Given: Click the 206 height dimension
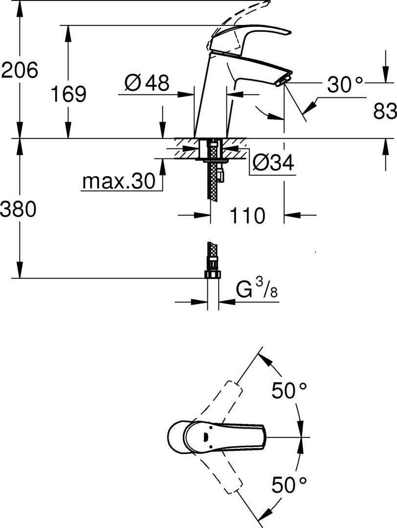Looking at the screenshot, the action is click(x=20, y=70).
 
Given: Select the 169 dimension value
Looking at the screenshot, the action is click(x=68, y=94).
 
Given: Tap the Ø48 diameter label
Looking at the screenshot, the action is click(x=147, y=83).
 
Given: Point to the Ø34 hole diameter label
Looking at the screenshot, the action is click(x=273, y=163).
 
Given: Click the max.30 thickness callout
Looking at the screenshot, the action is click(x=119, y=181).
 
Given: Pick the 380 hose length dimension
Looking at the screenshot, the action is click(x=18, y=209).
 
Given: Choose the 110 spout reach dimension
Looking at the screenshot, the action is click(x=247, y=216).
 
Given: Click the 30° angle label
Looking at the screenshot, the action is click(x=346, y=84).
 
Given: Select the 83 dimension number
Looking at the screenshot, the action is click(x=385, y=111).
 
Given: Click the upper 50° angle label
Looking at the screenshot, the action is click(x=289, y=391).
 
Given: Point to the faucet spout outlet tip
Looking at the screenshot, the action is click(x=284, y=80).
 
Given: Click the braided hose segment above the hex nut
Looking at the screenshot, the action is click(x=213, y=255).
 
